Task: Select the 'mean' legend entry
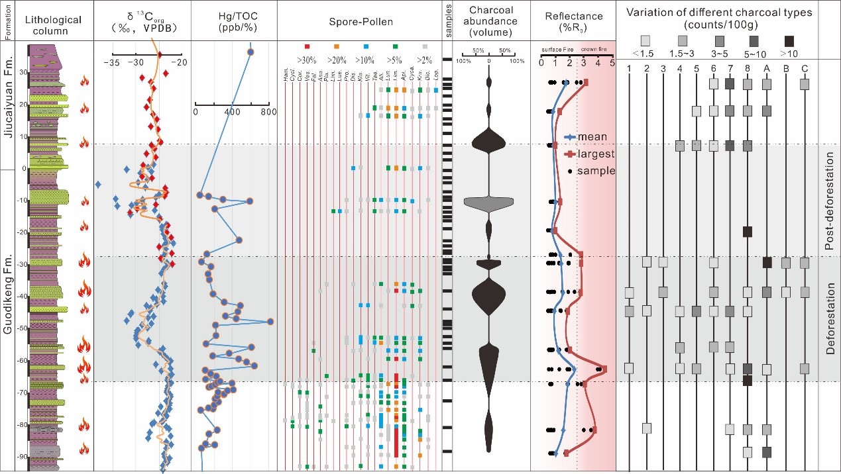[592, 137]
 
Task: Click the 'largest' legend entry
[595, 154]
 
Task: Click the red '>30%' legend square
[307, 46]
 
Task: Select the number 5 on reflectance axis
[612, 64]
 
